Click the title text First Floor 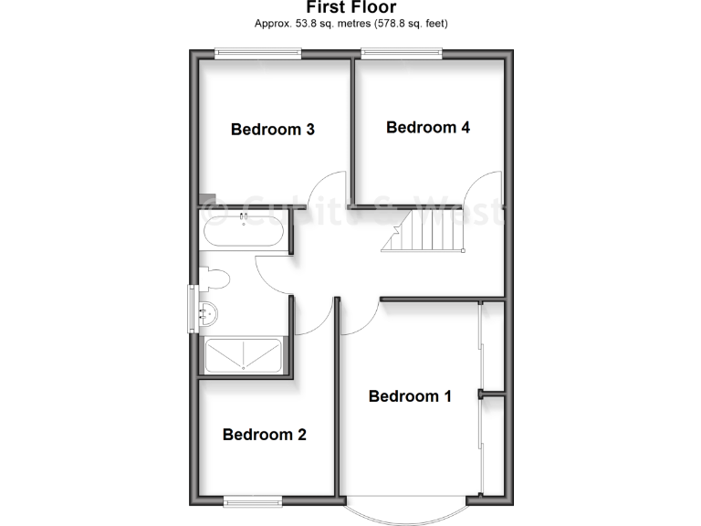[350, 8]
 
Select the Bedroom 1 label [410, 396]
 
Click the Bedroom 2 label [265, 435]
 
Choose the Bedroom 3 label [273, 130]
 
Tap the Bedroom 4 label [428, 128]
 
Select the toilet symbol [215, 278]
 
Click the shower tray [243, 355]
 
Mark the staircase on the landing [424, 230]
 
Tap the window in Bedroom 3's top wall [257, 54]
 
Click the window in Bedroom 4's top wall [402, 54]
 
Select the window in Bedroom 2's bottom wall [253, 500]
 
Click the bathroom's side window [193, 309]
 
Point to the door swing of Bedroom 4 [482, 187]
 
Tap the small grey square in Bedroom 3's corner [209, 199]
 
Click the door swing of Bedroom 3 [326, 187]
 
